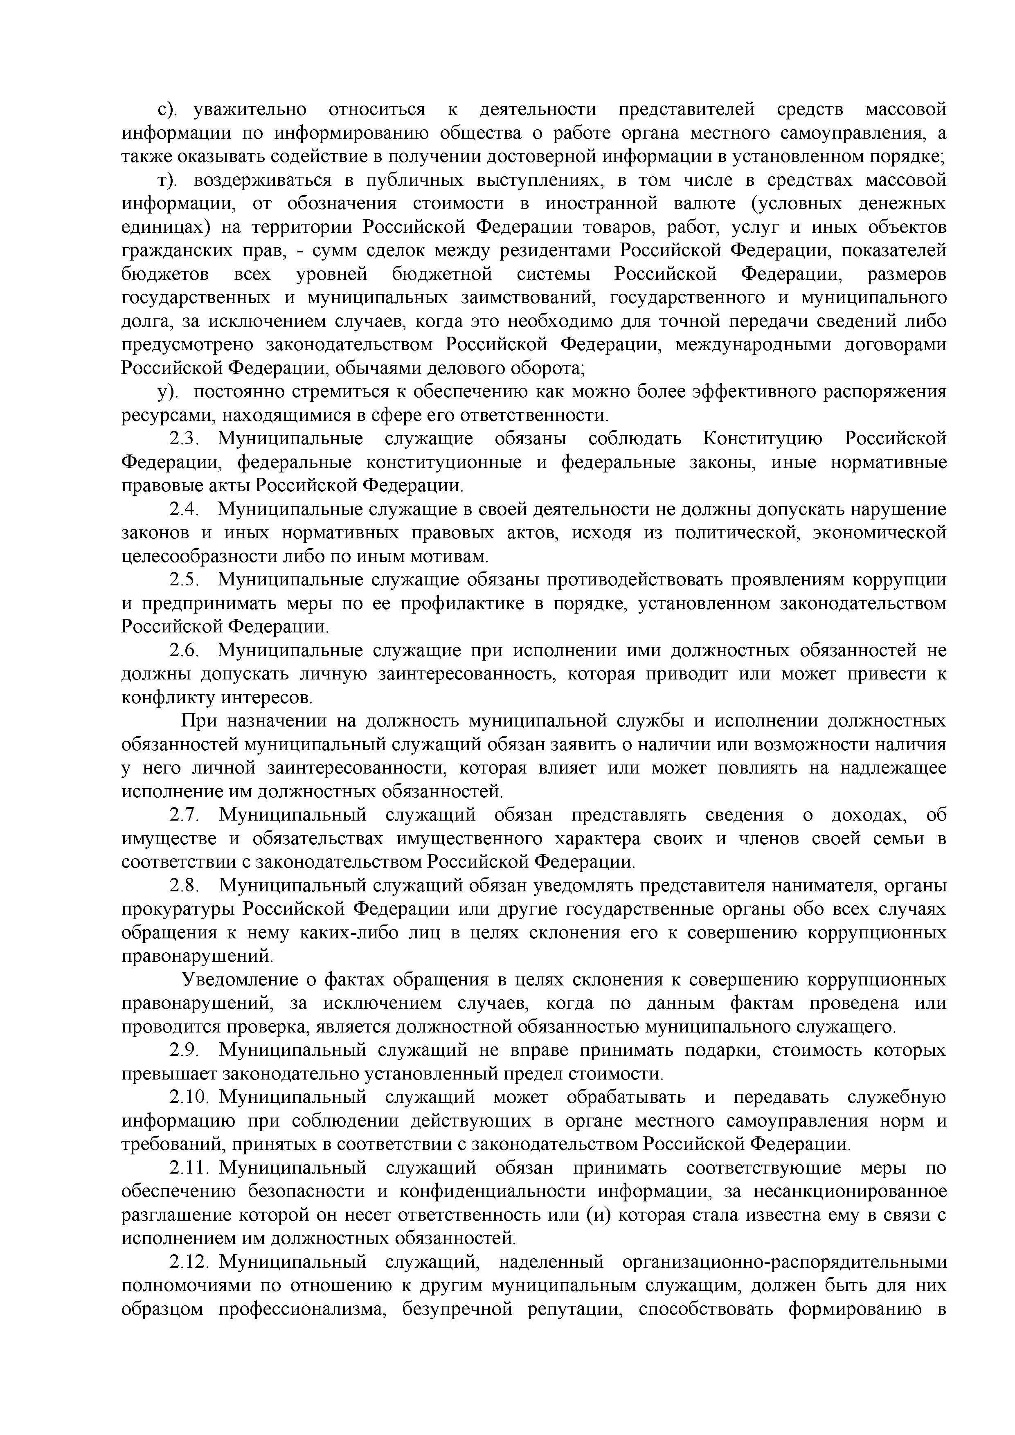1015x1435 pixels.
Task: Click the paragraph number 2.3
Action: click(185, 439)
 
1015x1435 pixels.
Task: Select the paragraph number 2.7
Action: click(185, 815)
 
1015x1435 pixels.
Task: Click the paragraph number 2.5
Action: click(185, 580)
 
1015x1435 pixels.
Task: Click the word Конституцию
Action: click(763, 439)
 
